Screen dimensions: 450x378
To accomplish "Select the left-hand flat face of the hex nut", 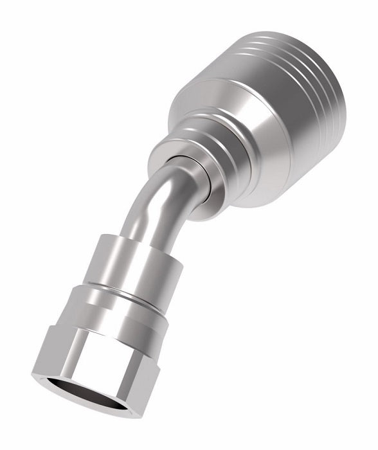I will pyautogui.click(x=51, y=350).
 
